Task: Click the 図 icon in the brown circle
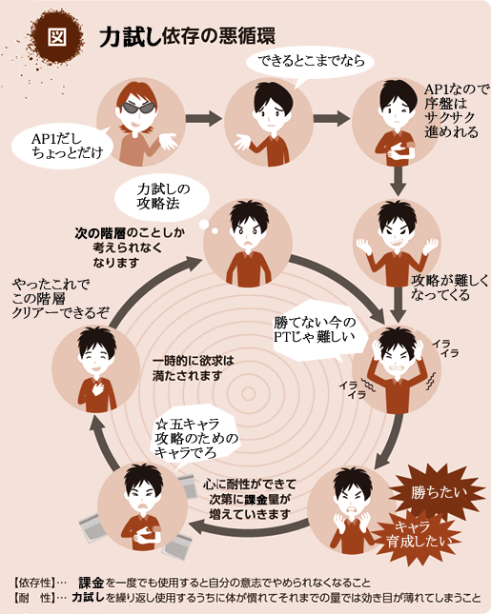point(57,37)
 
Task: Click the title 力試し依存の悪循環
point(187,37)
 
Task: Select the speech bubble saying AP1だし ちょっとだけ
point(63,146)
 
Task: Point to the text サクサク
point(449,117)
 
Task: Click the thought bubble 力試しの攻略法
point(162,197)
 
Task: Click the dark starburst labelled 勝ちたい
point(438,492)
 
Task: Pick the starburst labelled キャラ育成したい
point(417,534)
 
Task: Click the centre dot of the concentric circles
point(248,393)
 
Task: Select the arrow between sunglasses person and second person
point(204,119)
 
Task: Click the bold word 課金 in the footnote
point(91,584)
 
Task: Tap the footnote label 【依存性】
point(35,584)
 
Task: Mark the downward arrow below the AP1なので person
point(399,181)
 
